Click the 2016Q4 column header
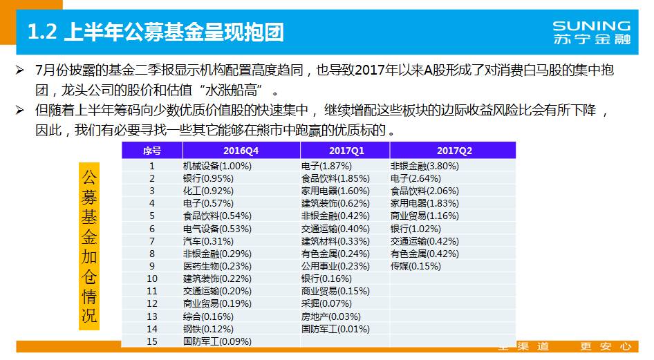[x=241, y=150]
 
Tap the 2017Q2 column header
[x=453, y=150]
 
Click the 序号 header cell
[x=152, y=150]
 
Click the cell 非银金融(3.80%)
[x=424, y=166]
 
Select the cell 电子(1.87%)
[x=326, y=166]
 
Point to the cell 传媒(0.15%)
[x=415, y=266]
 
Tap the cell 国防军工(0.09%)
[x=217, y=341]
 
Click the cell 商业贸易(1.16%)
[x=424, y=216]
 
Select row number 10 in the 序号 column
[x=152, y=278]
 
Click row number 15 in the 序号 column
[x=152, y=341]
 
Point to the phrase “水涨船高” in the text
[x=232, y=91]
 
